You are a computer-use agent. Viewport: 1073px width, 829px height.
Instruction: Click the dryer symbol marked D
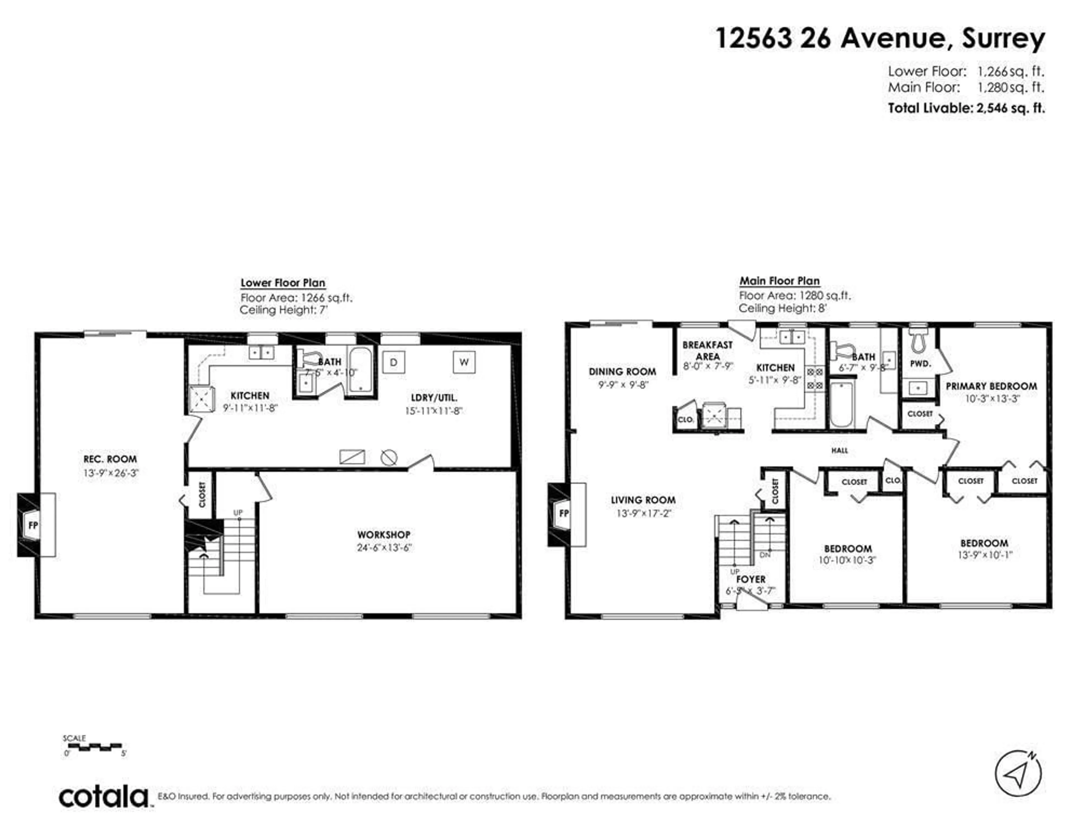click(x=393, y=363)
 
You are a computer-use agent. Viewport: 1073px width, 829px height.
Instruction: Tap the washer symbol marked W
click(x=464, y=362)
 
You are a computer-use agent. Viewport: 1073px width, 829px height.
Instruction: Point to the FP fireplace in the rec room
click(x=34, y=525)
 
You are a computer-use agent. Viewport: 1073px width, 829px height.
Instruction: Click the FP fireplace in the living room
click(x=564, y=513)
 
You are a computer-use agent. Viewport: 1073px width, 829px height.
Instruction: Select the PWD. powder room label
click(x=920, y=364)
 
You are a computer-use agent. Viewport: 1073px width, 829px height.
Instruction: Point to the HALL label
click(x=840, y=450)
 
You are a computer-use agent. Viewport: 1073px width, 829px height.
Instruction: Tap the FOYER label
click(x=751, y=579)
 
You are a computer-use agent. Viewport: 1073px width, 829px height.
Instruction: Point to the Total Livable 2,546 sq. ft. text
click(x=966, y=108)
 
